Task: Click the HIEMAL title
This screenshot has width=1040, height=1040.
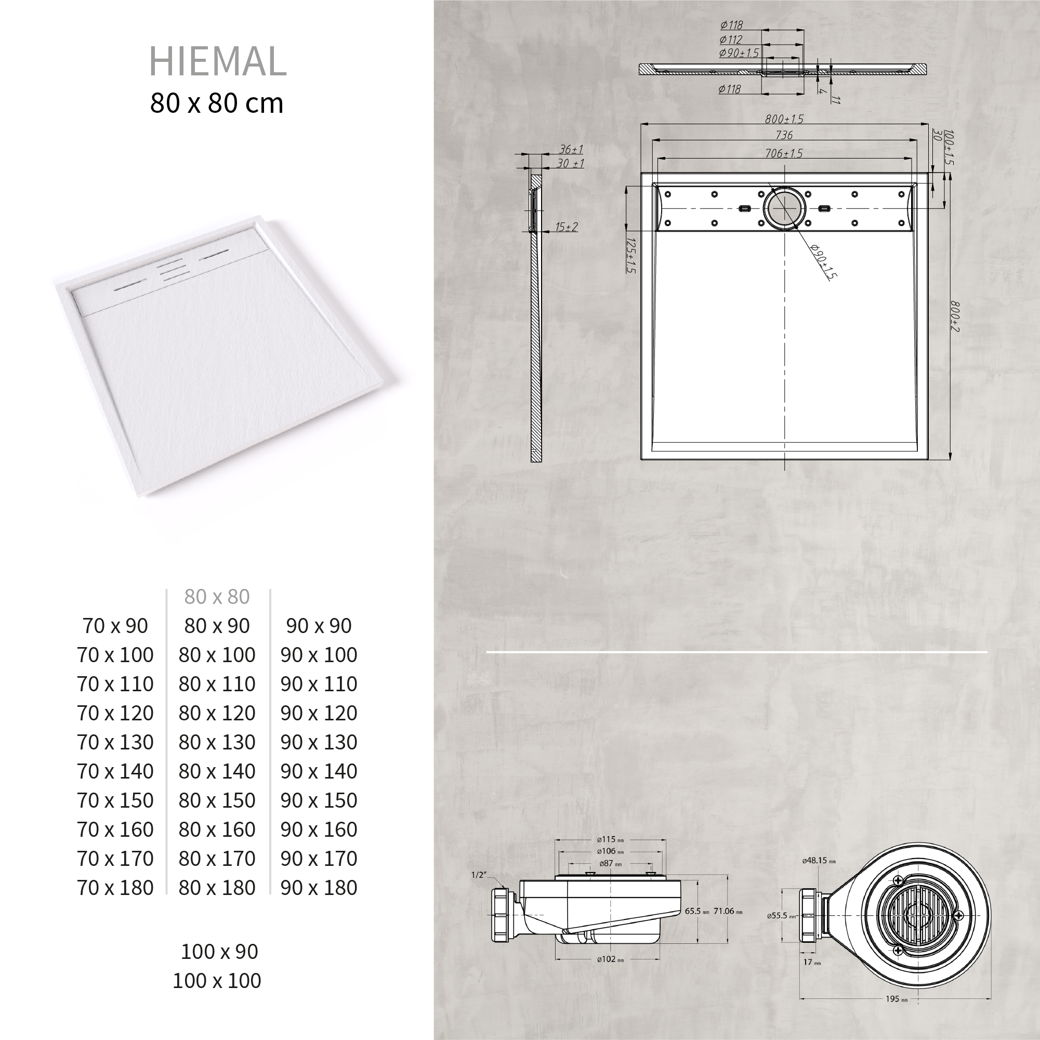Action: click(217, 61)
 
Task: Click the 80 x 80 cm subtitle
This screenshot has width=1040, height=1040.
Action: click(216, 103)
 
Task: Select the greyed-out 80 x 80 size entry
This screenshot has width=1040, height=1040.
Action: click(217, 597)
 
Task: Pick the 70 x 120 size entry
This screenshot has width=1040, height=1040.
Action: click(115, 713)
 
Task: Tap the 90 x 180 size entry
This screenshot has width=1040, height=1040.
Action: click(319, 887)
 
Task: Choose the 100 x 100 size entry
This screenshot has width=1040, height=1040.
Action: click(216, 980)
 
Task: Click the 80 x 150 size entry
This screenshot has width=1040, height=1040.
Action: click(217, 800)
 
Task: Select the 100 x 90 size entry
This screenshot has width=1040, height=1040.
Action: click(219, 951)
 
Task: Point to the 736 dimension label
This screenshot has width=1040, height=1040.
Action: click(784, 135)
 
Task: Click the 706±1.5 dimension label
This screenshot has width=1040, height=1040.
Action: click(784, 153)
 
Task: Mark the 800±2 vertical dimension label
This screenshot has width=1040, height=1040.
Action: click(954, 316)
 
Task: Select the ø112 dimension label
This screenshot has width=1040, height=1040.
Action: click(731, 40)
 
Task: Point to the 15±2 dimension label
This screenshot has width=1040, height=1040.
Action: click(567, 227)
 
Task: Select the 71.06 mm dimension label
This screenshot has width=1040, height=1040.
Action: click(728, 911)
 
